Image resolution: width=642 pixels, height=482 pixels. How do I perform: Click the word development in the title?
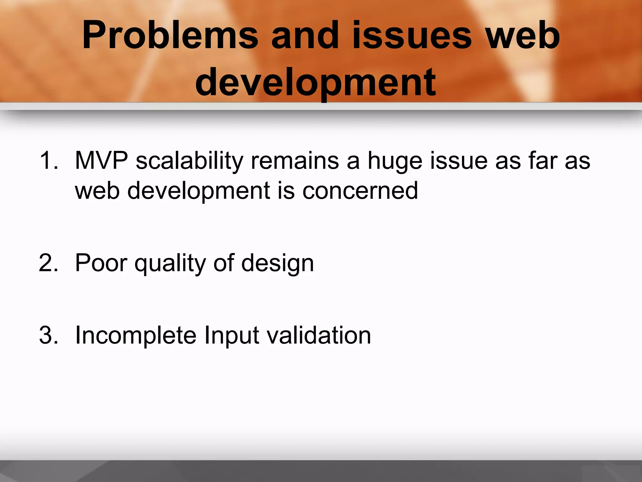[x=315, y=82]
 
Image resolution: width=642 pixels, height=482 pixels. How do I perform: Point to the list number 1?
[x=49, y=161]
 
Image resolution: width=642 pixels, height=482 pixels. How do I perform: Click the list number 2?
[x=49, y=263]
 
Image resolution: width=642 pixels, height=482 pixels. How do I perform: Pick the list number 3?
[x=49, y=335]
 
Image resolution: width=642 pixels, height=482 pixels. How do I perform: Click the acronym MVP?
[x=101, y=161]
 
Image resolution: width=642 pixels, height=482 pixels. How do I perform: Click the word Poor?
[x=101, y=263]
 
